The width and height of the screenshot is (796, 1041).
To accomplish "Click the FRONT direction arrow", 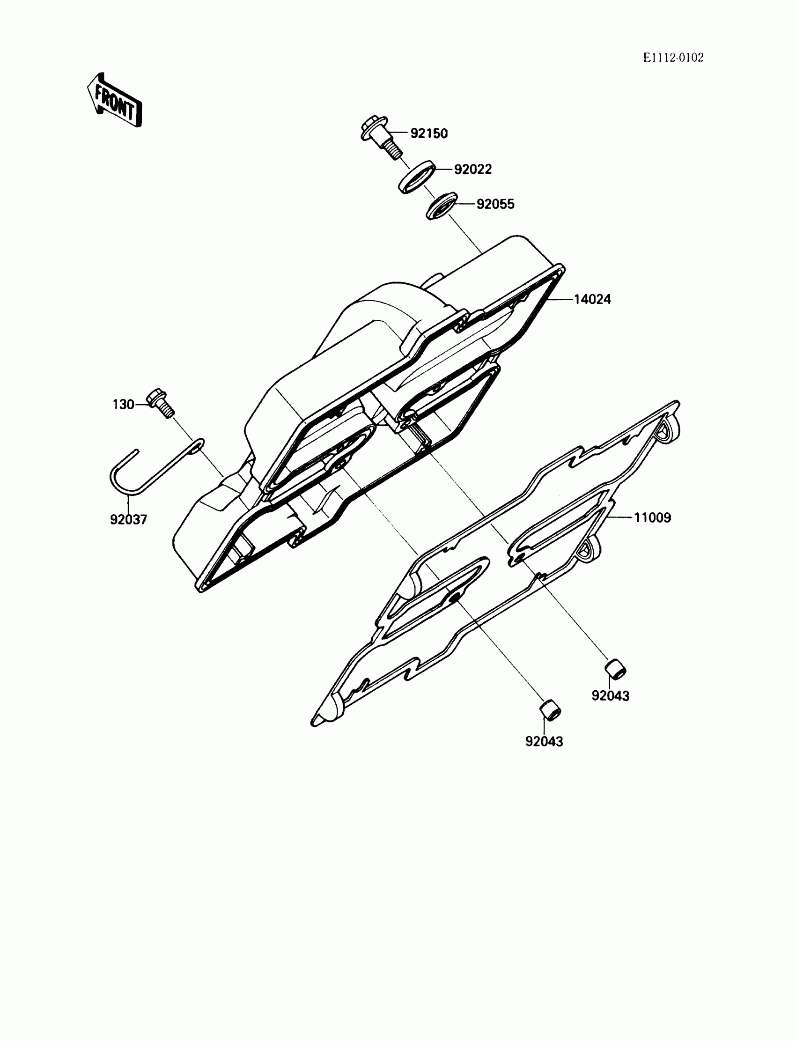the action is [x=115, y=101].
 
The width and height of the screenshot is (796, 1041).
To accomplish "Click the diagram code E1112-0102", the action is [x=673, y=58].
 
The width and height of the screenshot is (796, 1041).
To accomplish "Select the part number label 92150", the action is [x=429, y=133].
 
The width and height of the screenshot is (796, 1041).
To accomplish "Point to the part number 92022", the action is [x=473, y=169].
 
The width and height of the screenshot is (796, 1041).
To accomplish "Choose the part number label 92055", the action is [x=495, y=204].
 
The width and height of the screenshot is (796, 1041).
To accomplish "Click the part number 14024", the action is [x=592, y=299].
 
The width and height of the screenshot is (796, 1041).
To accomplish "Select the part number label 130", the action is [x=123, y=405].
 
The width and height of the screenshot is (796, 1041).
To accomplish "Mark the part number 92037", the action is [x=128, y=519].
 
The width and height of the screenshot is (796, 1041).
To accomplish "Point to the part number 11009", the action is [x=652, y=518].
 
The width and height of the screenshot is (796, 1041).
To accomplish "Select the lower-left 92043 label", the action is [x=544, y=742].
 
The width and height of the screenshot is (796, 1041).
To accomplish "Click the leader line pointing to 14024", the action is [x=559, y=299].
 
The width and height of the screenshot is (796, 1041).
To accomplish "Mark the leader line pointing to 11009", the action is [x=621, y=518].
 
